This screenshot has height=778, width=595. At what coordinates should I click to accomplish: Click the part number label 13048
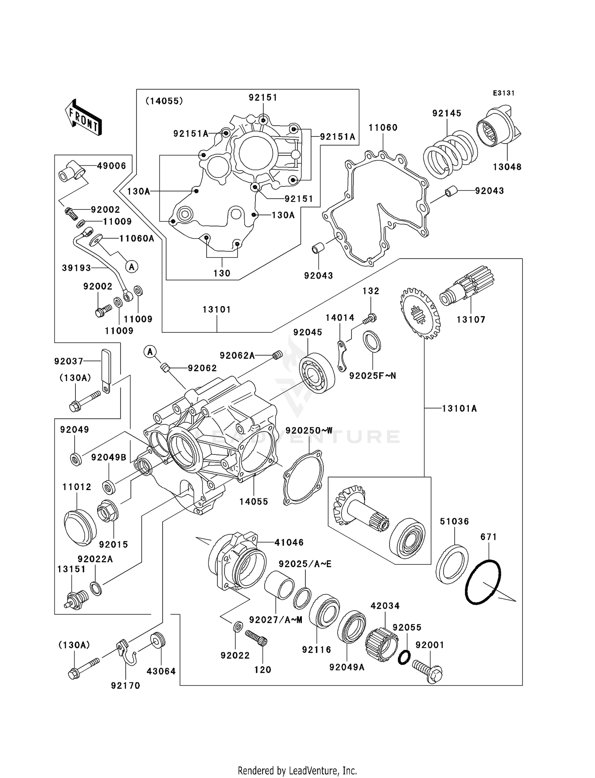[507, 167]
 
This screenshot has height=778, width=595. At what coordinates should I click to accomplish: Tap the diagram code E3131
[503, 93]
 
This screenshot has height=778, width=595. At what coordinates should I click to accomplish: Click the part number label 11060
[383, 128]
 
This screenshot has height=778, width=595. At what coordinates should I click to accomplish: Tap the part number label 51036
[454, 521]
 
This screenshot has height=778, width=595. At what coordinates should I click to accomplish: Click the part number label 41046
[289, 542]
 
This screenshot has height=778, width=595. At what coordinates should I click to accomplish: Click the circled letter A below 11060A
[132, 267]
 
